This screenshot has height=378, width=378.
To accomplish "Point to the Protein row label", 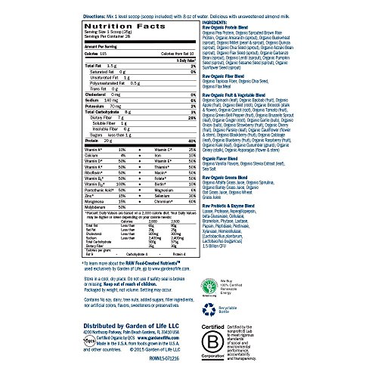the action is point(24,161).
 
